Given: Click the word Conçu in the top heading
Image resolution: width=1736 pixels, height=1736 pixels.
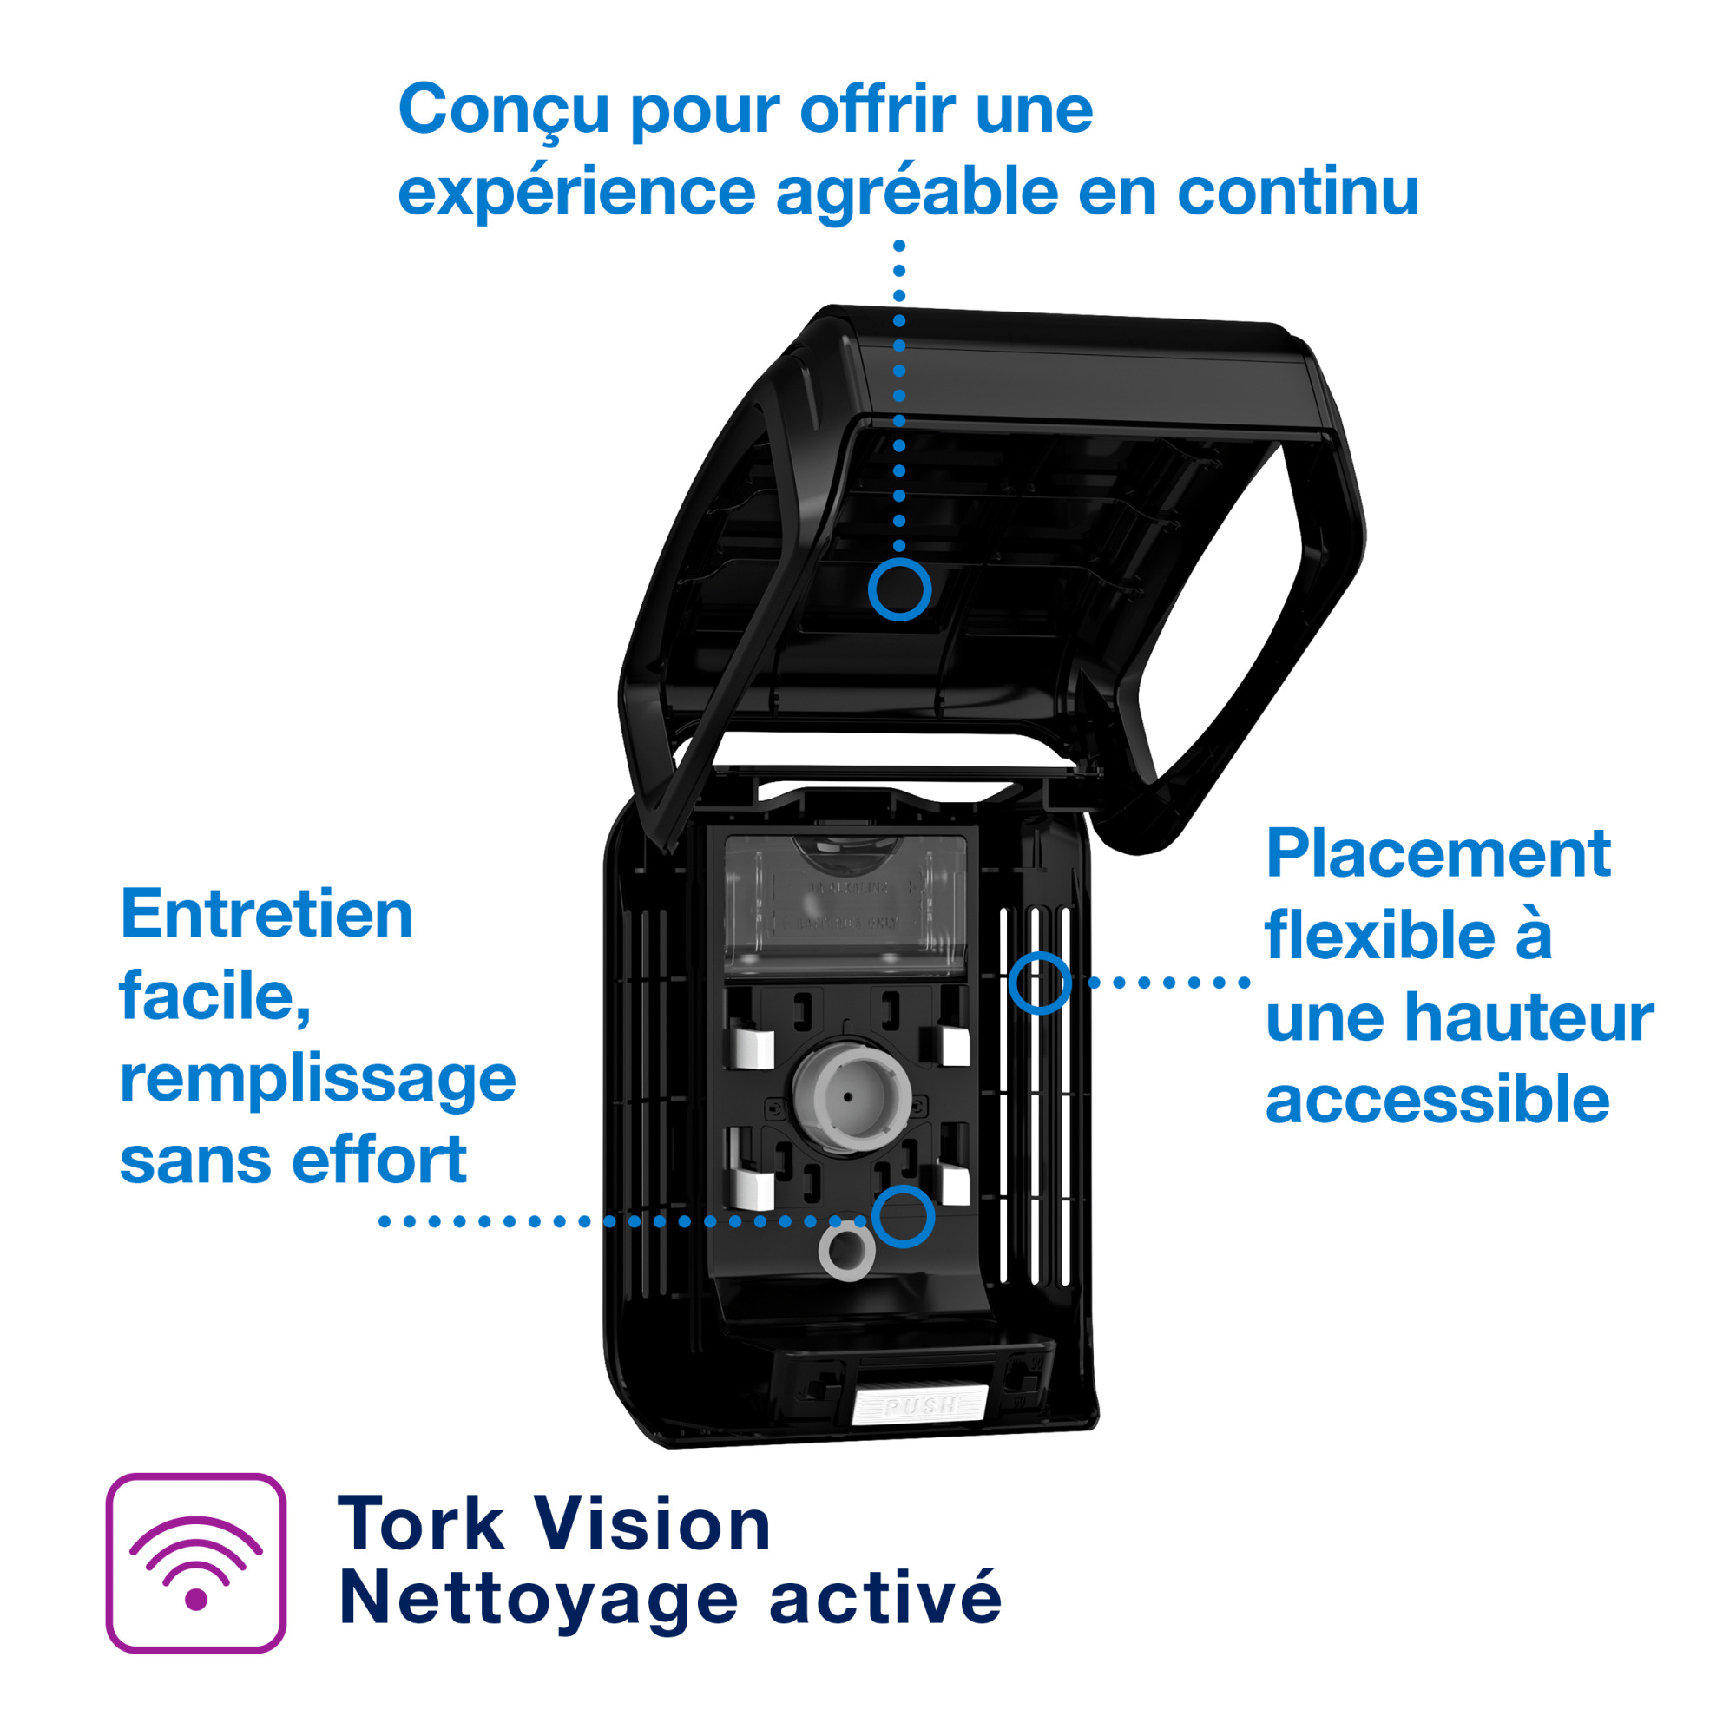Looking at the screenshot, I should [503, 110].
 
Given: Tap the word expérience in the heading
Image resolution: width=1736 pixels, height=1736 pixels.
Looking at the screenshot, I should [576, 194].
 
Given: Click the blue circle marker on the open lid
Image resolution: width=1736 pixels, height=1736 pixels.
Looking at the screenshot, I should [899, 589].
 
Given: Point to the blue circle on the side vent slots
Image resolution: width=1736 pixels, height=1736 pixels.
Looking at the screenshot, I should [1040, 983].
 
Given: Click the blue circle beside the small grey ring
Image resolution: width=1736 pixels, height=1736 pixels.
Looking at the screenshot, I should [903, 1217].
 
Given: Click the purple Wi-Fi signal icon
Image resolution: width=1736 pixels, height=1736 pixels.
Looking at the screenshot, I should [196, 1562].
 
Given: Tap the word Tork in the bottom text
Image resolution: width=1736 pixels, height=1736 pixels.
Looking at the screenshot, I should [419, 1525].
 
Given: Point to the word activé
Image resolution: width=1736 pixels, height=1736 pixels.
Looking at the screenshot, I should [884, 1600].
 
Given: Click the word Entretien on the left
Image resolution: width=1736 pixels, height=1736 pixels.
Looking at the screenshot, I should [266, 915].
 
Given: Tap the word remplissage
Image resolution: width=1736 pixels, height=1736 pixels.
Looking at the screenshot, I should [317, 1081].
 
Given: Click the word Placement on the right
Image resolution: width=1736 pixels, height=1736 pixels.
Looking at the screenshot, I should [1437, 853].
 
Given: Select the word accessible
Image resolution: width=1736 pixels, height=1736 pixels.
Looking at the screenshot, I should [1437, 1100].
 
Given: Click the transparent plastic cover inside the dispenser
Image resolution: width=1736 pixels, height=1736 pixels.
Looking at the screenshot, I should [845, 903].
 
